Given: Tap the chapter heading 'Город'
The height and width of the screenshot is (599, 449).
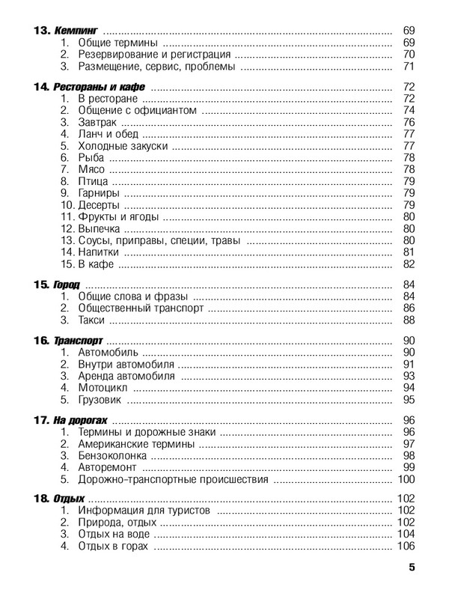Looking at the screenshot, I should point(67,285).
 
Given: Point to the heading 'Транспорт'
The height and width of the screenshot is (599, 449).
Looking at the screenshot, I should point(78,341).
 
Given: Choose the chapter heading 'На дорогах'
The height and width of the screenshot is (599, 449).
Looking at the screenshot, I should point(82,420).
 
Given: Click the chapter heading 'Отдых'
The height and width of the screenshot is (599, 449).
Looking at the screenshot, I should point(69,499).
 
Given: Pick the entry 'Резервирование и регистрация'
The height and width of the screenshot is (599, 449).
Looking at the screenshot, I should point(154,55).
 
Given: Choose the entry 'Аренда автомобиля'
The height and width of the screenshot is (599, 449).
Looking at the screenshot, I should point(126,376).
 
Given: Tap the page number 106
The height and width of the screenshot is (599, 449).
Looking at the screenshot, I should point(406,547).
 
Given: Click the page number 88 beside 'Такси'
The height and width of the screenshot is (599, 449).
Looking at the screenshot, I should point(409,320).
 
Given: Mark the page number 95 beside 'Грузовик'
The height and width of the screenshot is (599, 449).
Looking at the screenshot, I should point(409,400).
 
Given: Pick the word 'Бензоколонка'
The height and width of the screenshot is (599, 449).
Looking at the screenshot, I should point(113,455).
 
